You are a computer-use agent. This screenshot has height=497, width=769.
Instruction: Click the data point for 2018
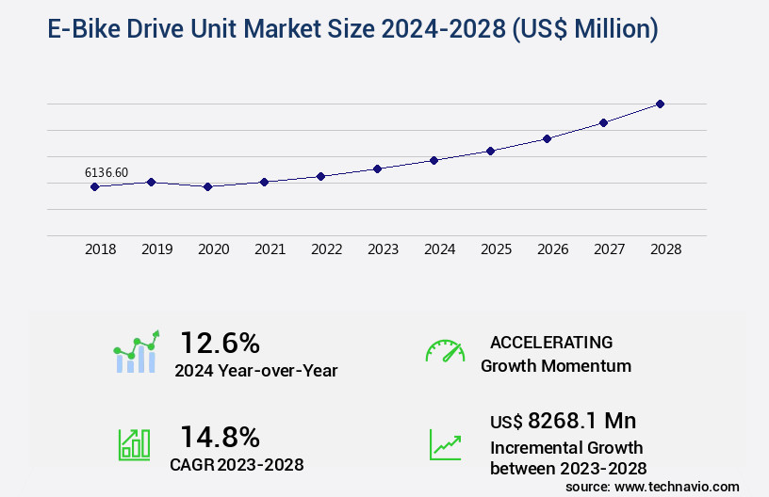pos(94,186)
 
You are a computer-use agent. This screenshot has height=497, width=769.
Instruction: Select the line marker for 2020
pos(207,186)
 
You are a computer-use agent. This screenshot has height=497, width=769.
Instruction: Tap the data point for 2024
pos(434,160)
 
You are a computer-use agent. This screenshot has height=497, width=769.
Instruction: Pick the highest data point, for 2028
pos(660,104)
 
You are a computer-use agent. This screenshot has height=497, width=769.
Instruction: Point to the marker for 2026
pos(547,138)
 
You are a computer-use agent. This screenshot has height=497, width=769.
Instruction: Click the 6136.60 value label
pos(106,172)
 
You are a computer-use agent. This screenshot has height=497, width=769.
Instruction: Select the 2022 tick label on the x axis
pos(326,249)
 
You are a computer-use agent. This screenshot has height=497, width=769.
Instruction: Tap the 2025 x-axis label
pos(496,249)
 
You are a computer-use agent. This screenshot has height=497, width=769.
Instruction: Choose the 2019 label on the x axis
pos(156,249)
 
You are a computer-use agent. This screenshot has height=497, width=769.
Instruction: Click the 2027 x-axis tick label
pos(609,249)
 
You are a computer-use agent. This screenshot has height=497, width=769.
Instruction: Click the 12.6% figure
pos(220,343)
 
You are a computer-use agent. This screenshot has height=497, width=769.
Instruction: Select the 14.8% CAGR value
pos(220,437)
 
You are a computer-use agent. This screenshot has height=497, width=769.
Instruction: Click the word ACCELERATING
pos(551,342)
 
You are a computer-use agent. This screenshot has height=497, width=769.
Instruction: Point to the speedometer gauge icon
pos(445,351)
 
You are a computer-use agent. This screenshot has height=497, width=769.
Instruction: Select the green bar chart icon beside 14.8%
pos(134,444)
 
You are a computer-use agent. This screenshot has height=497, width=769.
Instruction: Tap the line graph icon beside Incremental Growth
pos(445,444)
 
